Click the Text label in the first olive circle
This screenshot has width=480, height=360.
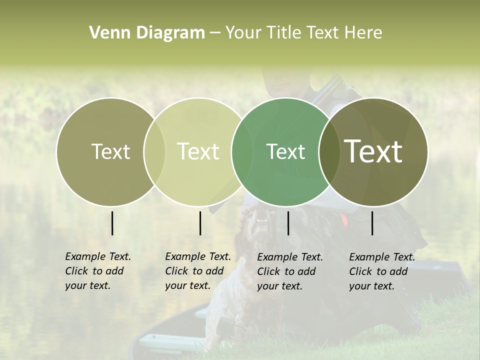110,151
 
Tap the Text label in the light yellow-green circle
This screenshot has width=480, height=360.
198,151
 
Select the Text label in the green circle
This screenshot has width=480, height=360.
285,151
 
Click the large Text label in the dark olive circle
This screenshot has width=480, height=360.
373,151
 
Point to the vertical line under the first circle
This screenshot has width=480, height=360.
112,223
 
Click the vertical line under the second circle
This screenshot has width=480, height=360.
200,223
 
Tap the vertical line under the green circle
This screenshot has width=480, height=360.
288,223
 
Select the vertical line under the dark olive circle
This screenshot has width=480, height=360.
372,223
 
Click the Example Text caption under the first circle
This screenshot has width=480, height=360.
97,271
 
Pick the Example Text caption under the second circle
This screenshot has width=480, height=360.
197,271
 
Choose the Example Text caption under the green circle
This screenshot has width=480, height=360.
290,271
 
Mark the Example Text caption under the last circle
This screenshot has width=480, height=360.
381,271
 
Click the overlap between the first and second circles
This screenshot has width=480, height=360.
154,151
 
